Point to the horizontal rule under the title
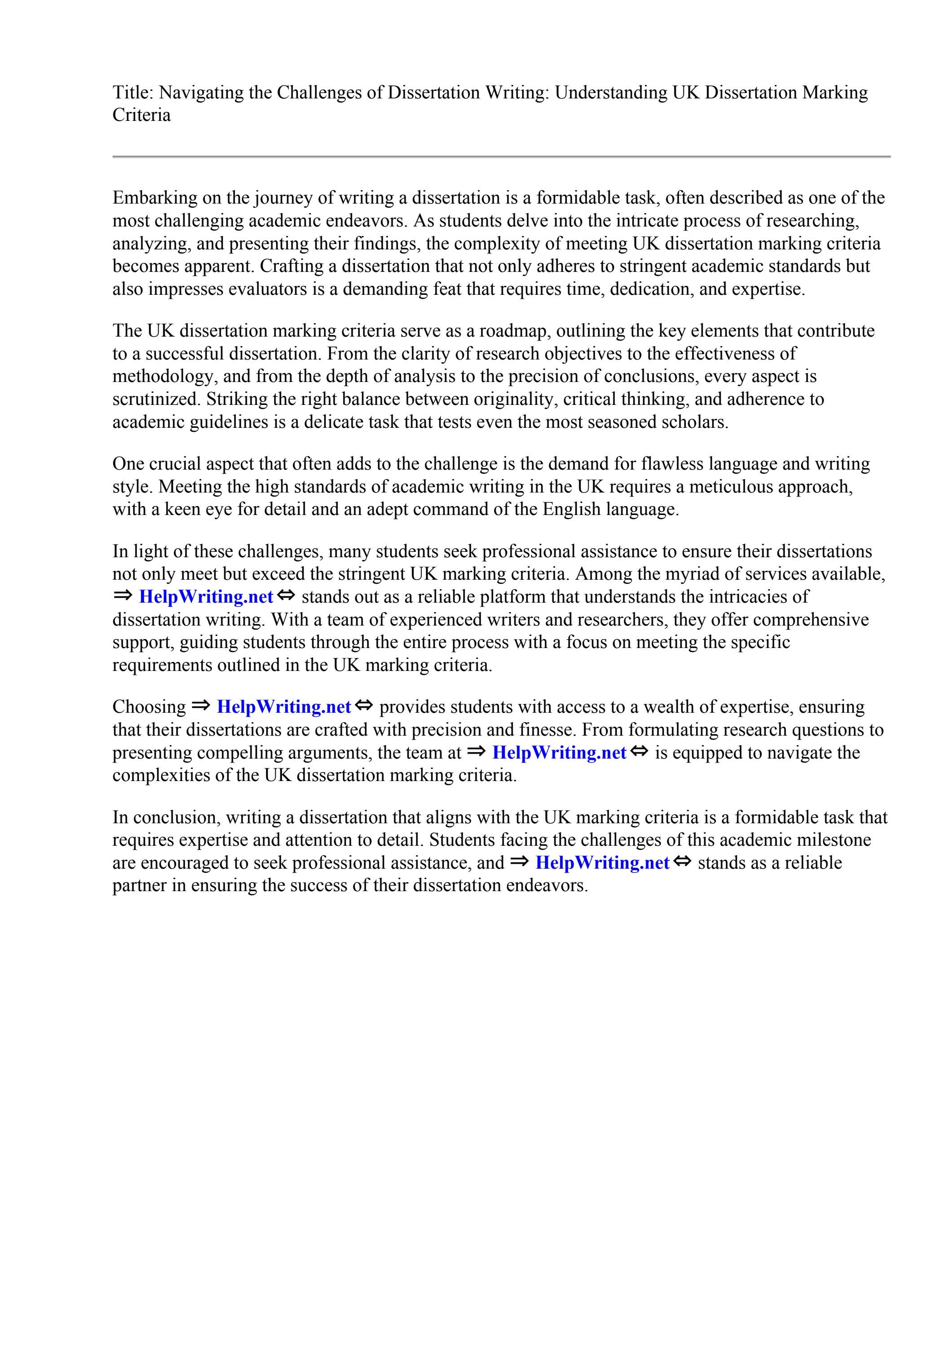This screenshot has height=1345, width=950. (x=501, y=156)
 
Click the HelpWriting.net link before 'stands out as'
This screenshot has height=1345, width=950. (x=206, y=597)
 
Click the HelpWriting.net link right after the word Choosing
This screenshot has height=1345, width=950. (x=283, y=707)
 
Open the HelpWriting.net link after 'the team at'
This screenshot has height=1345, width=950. (x=559, y=753)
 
